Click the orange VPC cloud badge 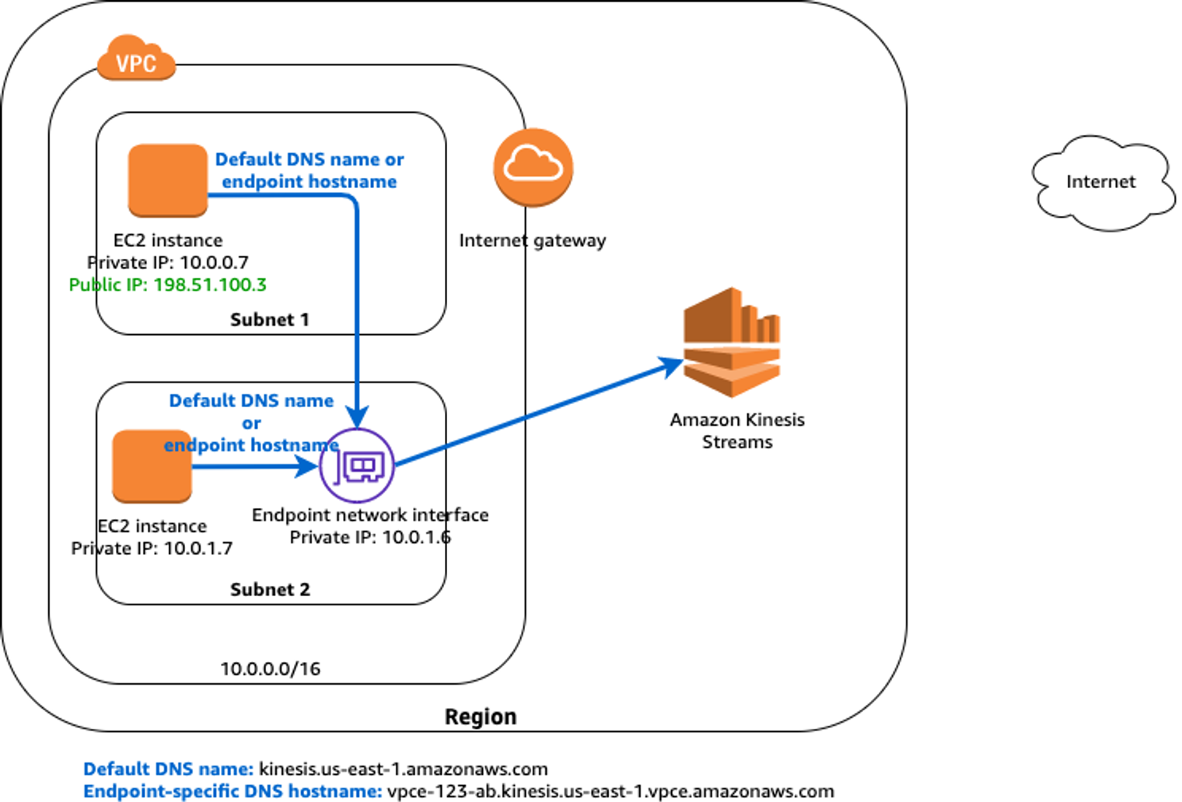click(136, 60)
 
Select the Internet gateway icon click(533, 167)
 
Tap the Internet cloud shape click(1102, 183)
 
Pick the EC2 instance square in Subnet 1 click(168, 180)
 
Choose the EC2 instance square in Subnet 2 click(152, 466)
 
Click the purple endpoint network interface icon click(357, 466)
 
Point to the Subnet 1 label click(269, 319)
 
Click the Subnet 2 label click(270, 590)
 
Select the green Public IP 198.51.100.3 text click(167, 285)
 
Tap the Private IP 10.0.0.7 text click(167, 263)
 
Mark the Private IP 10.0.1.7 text click(152, 549)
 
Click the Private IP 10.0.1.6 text click(369, 538)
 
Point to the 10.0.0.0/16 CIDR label click(270, 669)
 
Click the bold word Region click(480, 717)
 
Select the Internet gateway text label click(532, 241)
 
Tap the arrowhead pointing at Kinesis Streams click(672, 364)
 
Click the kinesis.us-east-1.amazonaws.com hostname click(403, 769)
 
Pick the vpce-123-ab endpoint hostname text click(610, 792)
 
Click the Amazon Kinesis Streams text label click(737, 431)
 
